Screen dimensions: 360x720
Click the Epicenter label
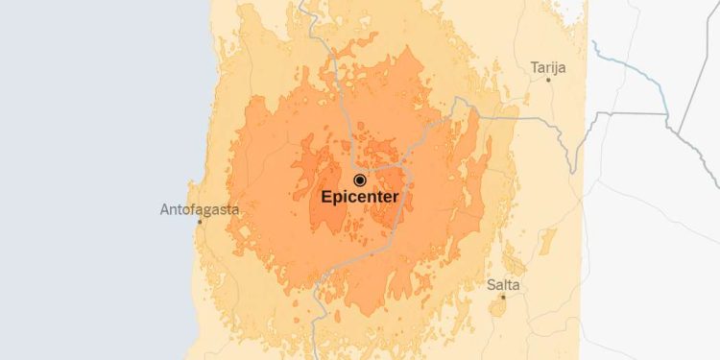(x=360, y=198)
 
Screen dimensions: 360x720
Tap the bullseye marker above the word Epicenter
(x=360, y=180)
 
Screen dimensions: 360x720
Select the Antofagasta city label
(x=200, y=208)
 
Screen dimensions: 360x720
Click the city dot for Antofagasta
(x=200, y=222)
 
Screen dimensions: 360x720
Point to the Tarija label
(x=548, y=67)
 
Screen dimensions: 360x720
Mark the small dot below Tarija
(x=548, y=80)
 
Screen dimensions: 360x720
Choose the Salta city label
(x=503, y=285)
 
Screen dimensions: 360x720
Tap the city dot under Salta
(x=502, y=297)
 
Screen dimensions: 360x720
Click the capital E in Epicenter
(x=326, y=198)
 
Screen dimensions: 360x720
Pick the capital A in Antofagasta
(x=165, y=208)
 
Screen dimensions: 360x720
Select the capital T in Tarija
(x=534, y=67)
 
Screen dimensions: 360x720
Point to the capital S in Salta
(x=491, y=285)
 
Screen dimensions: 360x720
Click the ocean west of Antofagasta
(x=77, y=192)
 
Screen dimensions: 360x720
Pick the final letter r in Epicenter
(x=396, y=198)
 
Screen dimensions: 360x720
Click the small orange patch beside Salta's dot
(x=498, y=306)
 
